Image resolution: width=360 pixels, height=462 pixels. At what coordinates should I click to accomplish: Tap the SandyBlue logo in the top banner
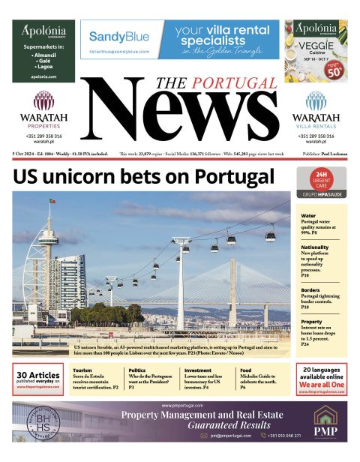(x=119, y=36)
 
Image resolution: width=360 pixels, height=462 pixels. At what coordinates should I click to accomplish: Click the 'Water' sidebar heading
(x=309, y=214)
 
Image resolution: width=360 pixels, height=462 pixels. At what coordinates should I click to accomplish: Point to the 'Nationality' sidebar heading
(x=316, y=246)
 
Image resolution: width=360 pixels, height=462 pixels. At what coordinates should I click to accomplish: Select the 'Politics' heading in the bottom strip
(x=137, y=370)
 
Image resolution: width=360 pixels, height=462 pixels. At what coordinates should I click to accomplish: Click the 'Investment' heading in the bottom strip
(x=197, y=370)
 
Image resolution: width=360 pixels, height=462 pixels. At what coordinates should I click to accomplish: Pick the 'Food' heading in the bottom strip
(x=245, y=370)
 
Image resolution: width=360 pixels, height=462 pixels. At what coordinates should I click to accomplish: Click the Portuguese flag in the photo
(x=52, y=201)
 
